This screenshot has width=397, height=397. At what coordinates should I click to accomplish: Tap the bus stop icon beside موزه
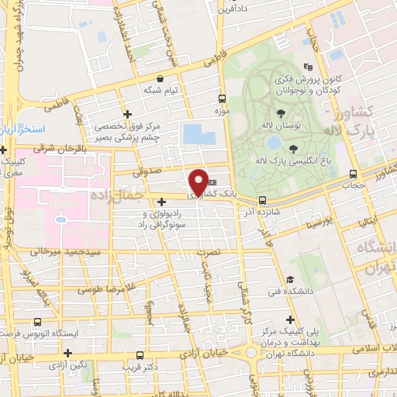coord(223,99)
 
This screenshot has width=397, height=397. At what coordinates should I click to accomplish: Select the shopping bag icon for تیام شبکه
coord(161,78)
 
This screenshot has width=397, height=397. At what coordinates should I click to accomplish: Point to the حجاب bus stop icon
coord(354,174)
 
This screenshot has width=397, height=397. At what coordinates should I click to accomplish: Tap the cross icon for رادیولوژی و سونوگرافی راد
coord(161,202)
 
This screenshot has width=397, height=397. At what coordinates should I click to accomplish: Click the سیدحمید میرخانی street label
coord(62,252)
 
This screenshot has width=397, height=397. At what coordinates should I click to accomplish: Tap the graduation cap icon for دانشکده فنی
coord(290,279)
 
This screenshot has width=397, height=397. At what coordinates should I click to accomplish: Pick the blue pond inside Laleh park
coord(273,142)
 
